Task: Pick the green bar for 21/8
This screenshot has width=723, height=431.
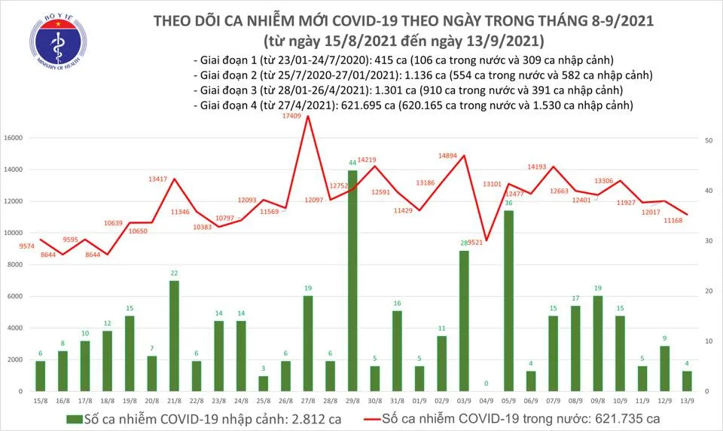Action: point(173,336)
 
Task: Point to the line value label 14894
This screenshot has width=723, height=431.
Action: point(449,156)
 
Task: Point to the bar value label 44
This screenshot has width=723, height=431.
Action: point(352,163)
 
